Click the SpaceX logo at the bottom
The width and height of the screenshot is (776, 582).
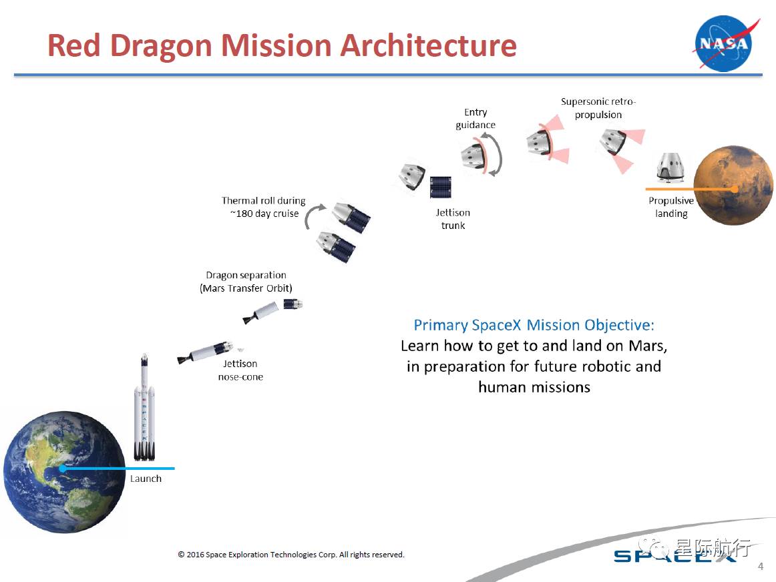coord(674,556)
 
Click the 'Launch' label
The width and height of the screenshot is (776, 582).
coord(146,479)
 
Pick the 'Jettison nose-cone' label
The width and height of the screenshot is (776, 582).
coord(240,370)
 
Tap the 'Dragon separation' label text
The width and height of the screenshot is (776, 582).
coord(246,275)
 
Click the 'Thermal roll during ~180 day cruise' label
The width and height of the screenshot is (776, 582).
coord(264,207)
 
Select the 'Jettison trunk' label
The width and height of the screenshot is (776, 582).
coord(453,219)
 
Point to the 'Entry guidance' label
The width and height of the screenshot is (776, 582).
coord(475,118)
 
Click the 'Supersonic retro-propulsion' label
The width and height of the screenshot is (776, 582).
coord(598,108)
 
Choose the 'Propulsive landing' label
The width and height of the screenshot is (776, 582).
coord(671,207)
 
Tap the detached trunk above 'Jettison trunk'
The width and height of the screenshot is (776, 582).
coord(440,187)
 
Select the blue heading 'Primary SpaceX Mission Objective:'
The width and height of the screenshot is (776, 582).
coord(534,325)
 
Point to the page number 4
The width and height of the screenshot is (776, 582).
coord(760,567)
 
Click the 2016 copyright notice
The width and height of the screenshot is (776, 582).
coord(290,555)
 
